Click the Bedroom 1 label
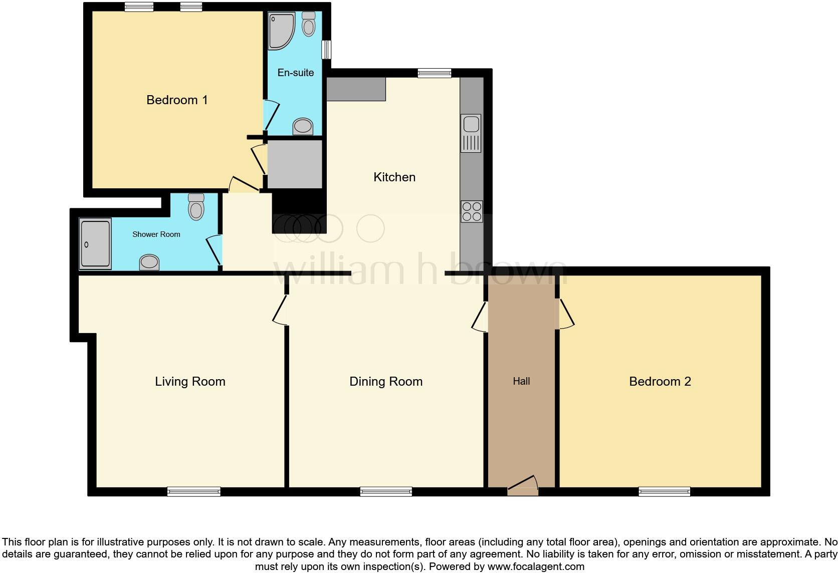pos(177,100)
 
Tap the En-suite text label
pos(296,73)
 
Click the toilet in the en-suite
pos(309,24)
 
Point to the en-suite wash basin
pos(303,126)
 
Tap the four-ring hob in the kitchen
pos(472,211)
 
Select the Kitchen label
pos(394,177)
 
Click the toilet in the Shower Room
pos(196,207)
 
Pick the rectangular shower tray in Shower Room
pos(95,244)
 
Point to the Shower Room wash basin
pos(149,262)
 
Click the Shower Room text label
pos(156,234)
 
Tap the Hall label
pos(521,381)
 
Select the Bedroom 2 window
pos(664,492)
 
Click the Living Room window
pos(194,492)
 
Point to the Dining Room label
pos(386,381)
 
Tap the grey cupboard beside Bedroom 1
pos(295,164)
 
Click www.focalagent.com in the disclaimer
pos(535,566)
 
